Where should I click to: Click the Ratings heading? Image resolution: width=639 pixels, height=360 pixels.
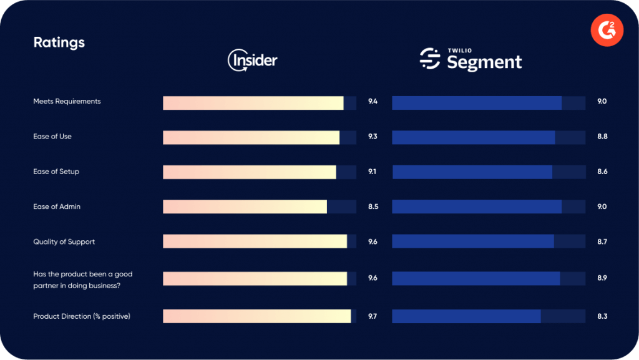click(x=59, y=42)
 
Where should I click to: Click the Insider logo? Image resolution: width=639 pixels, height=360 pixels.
click(x=252, y=60)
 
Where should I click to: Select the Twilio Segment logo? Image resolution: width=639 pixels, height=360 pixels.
click(x=471, y=59)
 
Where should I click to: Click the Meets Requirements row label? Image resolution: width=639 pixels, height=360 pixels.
click(x=67, y=101)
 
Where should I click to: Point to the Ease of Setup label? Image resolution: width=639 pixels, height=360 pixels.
click(x=56, y=172)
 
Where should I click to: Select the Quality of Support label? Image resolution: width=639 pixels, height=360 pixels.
click(x=64, y=241)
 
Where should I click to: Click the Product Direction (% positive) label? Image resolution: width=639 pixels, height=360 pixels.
click(x=81, y=316)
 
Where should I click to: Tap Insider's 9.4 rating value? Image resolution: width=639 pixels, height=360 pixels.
click(x=373, y=101)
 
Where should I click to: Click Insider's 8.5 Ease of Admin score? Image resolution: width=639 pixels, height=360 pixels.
click(x=373, y=207)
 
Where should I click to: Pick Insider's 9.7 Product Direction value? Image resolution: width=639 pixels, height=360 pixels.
click(x=373, y=316)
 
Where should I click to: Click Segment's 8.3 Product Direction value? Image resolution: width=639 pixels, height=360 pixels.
click(x=602, y=316)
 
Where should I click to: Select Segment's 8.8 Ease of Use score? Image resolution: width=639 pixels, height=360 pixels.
click(x=602, y=137)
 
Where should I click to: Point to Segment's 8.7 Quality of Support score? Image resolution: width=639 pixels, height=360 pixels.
click(x=602, y=241)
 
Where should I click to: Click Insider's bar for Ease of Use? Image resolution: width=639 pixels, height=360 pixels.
click(x=251, y=137)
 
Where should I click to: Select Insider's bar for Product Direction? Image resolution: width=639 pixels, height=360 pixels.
click(x=256, y=316)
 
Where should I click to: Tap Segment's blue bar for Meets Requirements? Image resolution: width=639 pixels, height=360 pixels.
click(x=477, y=103)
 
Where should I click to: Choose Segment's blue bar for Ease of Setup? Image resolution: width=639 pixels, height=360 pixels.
click(x=472, y=172)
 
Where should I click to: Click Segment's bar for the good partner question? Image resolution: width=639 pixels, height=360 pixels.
click(x=476, y=278)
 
